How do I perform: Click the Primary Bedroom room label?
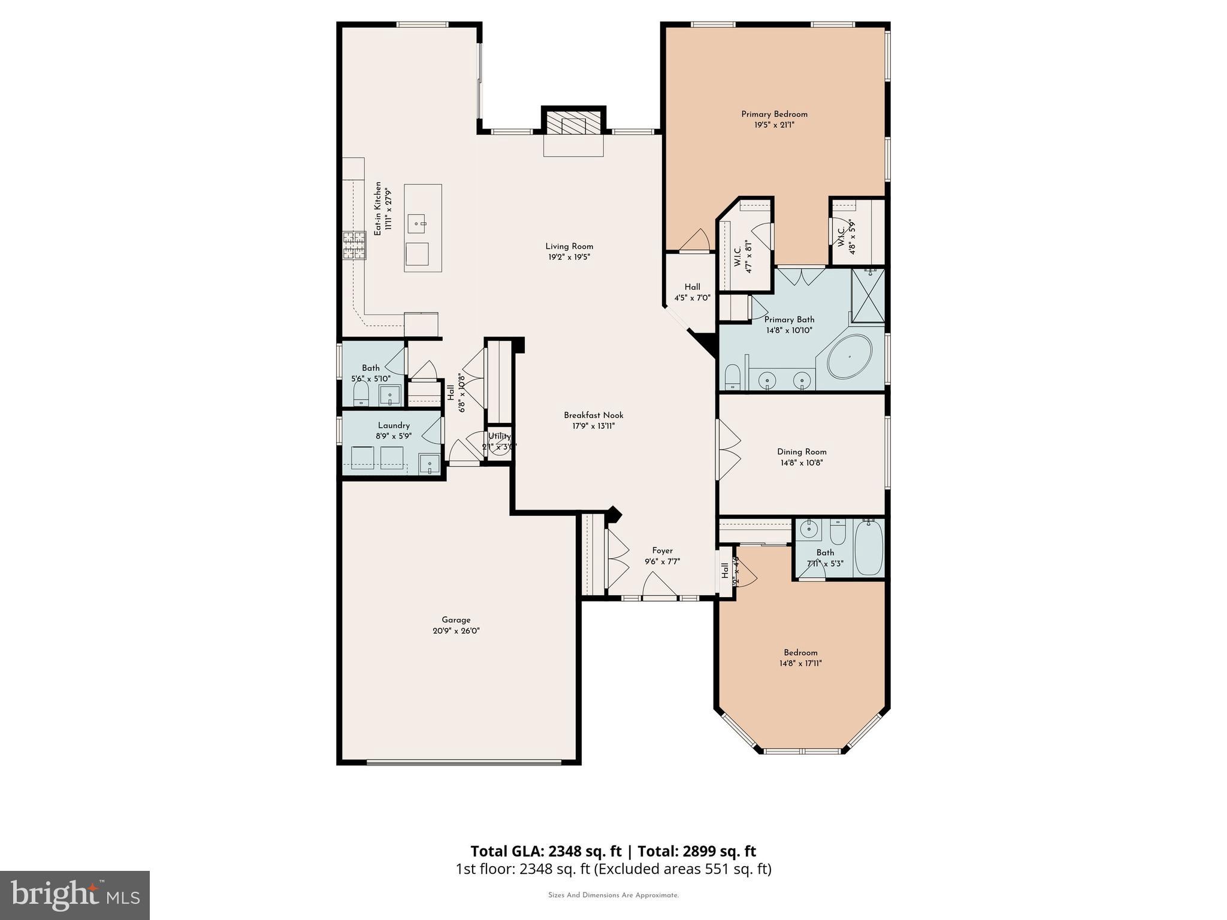[774, 114]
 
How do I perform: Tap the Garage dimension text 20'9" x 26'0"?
[456, 631]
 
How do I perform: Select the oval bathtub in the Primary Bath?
[850, 356]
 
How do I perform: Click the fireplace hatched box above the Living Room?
[574, 125]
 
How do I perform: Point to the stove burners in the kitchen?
[354, 246]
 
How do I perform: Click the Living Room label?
[569, 246]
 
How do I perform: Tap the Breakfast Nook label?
[593, 415]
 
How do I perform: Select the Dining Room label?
[802, 452]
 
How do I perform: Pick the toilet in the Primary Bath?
[733, 378]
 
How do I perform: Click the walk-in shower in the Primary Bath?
[868, 295]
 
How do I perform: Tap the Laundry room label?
[394, 425]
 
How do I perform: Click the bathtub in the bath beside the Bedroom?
[868, 548]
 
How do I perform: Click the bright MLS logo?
[75, 895]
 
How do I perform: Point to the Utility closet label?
[499, 437]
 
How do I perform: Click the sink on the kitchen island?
[418, 223]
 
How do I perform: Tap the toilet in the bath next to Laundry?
[360, 393]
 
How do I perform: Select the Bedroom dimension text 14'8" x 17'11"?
[800, 664]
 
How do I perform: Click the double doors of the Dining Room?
[729, 450]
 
